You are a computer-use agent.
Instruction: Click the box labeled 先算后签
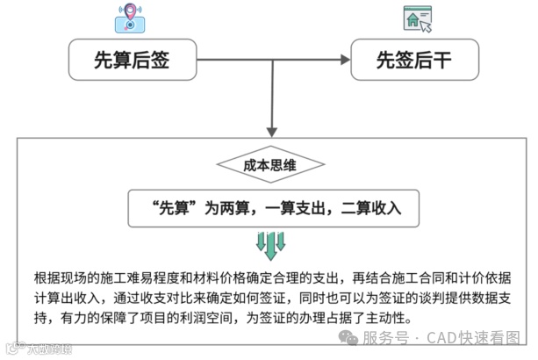[x=133, y=61]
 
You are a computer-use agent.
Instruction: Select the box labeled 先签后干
[x=415, y=61]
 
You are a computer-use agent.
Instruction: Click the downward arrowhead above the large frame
[x=272, y=130]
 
